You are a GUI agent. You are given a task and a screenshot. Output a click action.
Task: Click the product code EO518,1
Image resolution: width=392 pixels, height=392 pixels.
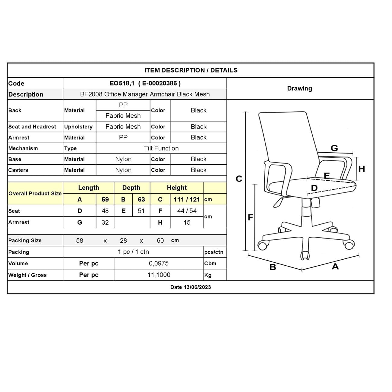coord(122,84)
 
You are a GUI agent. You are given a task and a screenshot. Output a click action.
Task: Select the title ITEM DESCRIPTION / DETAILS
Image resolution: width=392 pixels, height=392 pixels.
coord(191,70)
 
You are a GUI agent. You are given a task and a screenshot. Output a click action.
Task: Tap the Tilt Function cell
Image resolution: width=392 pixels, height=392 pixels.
coord(161,148)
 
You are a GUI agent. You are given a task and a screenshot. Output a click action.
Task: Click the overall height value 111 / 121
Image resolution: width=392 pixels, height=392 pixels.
coord(187,199)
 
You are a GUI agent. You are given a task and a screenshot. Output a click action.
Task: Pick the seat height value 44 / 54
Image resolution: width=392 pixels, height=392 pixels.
coord(187,211)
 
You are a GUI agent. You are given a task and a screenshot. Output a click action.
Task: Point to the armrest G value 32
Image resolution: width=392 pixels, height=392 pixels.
coord(105,223)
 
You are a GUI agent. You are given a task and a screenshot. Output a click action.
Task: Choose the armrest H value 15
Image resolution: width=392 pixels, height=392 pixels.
coord(187,223)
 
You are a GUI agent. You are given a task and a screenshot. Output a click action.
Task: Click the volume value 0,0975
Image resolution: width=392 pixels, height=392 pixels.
coord(159,263)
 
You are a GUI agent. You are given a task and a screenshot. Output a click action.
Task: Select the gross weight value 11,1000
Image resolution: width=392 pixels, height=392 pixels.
coord(159,275)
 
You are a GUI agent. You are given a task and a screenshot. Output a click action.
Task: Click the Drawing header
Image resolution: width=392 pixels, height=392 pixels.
coord(299,88)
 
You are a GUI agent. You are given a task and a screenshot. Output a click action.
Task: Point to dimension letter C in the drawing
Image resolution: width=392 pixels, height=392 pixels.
coord(239,179)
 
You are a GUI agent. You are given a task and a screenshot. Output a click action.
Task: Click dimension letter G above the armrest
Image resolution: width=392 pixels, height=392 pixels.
coord(334,148)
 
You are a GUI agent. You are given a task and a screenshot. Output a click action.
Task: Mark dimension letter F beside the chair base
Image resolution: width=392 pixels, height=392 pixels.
coord(250,217)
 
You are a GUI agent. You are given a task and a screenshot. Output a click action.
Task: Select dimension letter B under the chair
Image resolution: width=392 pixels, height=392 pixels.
coord(273,267)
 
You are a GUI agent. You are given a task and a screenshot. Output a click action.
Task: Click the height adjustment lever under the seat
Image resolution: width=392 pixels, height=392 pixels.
coord(279,202)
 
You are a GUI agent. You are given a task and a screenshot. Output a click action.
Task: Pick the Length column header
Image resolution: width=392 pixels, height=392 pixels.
coord(88,188)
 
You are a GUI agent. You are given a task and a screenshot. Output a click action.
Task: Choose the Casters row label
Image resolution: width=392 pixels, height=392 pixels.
coord(18,170)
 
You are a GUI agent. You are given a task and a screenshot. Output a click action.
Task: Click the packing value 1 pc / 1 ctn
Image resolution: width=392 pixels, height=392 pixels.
coord(133,252)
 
